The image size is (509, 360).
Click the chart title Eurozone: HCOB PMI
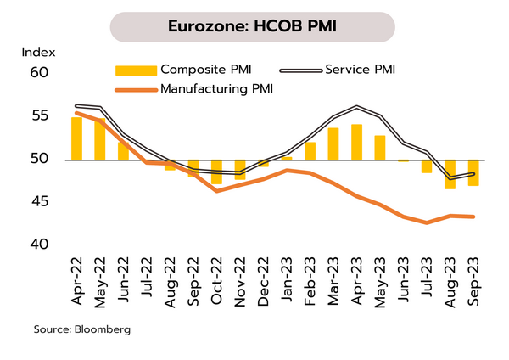[254, 26]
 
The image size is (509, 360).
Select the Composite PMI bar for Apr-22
[76, 138]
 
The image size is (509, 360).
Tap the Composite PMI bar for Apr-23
[356, 142]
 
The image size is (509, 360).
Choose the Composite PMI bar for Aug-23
[450, 174]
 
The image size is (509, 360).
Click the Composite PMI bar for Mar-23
[333, 143]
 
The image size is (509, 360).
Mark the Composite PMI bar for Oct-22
[216, 172]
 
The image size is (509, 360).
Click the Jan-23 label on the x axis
[287, 276]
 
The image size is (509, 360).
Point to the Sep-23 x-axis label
[473, 276]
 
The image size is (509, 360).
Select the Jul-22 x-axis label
[147, 276]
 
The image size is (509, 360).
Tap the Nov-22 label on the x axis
[240, 276]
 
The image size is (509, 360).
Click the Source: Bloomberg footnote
[82, 328]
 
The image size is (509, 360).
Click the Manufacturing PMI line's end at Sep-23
[473, 217]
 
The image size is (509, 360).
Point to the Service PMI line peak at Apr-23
[356, 107]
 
